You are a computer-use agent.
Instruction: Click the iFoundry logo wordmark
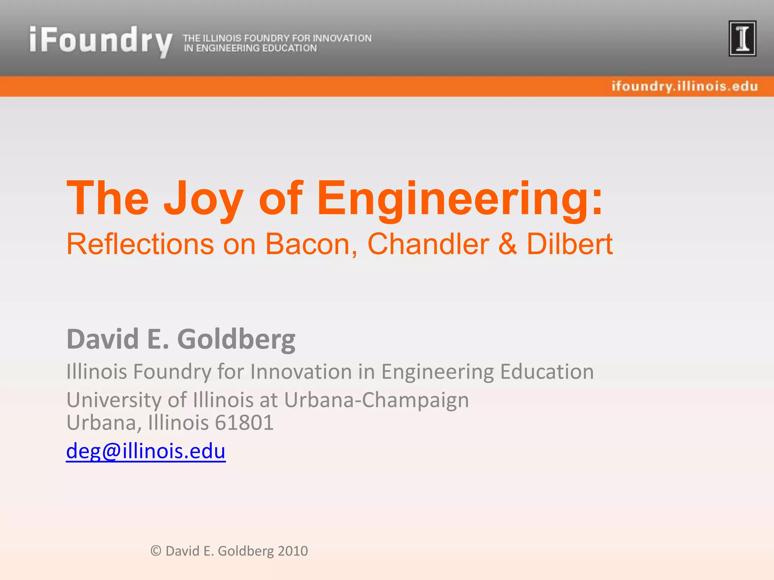[x=101, y=41]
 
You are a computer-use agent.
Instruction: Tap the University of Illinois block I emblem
[x=742, y=39]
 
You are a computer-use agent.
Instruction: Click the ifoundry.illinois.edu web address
[x=685, y=86]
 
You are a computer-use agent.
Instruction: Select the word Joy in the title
[x=203, y=199]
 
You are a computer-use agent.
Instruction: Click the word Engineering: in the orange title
[x=460, y=199]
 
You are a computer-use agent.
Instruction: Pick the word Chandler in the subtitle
[x=428, y=244]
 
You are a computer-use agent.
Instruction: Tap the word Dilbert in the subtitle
[x=570, y=244]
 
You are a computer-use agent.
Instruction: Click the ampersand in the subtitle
[x=508, y=244]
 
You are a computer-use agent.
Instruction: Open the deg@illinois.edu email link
[x=146, y=451]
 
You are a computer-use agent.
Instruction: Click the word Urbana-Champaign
[x=376, y=400]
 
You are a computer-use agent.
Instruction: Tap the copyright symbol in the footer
[x=156, y=551]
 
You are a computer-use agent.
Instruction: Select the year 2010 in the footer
[x=293, y=551]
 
